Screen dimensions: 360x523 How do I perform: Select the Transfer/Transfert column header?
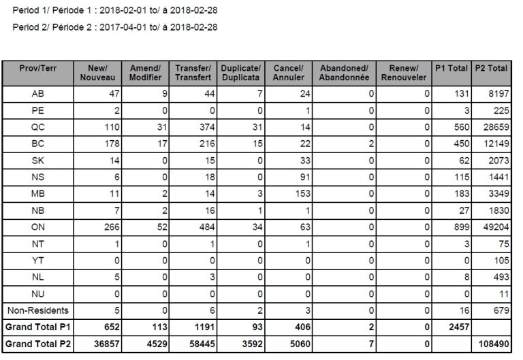coord(193,73)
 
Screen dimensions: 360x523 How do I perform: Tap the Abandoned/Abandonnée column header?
coord(343,73)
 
